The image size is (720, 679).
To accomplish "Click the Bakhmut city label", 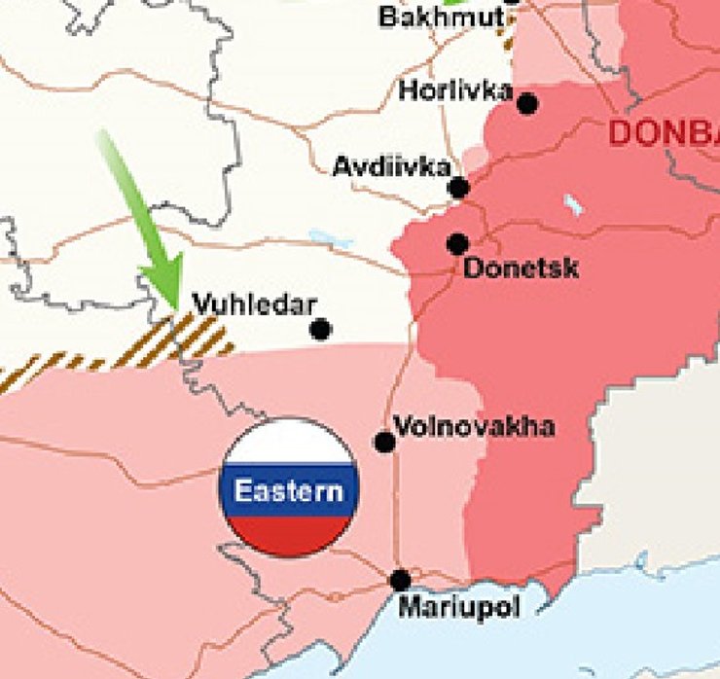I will (441, 17).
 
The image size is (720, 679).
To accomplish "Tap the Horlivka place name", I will (455, 90).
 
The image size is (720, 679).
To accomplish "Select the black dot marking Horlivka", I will (527, 103).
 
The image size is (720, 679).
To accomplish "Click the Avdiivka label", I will (391, 166).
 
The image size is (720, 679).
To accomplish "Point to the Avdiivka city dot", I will (458, 188).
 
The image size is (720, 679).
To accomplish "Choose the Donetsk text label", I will (521, 268).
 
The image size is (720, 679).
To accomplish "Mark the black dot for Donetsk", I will (457, 243).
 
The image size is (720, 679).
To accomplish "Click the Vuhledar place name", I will (254, 304).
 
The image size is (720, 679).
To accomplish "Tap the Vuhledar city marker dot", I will (320, 329).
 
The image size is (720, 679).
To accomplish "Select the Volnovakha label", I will (474, 426).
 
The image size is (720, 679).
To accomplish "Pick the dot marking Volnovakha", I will (384, 443).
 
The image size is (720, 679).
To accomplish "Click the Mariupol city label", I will (459, 607).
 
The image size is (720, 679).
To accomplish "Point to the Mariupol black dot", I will (400, 580).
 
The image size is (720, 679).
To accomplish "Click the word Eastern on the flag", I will (289, 490).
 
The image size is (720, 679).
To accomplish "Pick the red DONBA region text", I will (664, 134).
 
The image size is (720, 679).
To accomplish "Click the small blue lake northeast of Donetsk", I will (574, 204).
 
